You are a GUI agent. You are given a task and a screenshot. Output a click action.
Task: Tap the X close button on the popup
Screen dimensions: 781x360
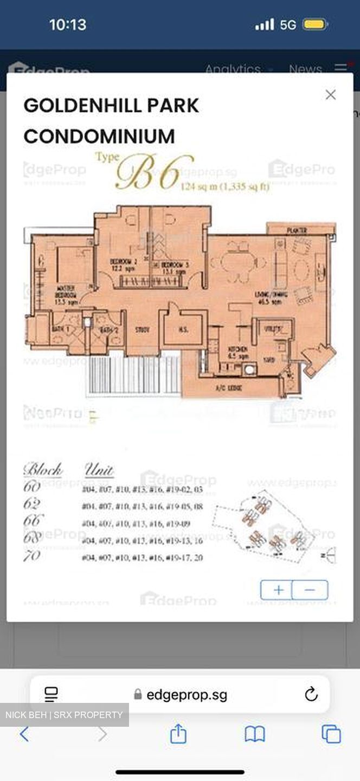pos(330,95)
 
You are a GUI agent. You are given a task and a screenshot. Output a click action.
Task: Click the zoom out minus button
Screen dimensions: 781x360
pos(310,590)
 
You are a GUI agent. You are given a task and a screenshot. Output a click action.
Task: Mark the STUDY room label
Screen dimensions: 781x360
pos(142,329)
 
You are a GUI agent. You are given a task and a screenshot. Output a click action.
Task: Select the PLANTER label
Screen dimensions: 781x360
pos(297,231)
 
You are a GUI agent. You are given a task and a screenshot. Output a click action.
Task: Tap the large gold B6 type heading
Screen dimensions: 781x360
pos(155,172)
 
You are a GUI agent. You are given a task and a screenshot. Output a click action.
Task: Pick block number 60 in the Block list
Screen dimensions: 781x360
pos(32,486)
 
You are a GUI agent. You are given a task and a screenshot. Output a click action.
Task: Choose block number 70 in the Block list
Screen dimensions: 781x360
pos(32,555)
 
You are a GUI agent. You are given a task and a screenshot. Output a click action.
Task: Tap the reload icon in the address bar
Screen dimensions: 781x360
pos(311,694)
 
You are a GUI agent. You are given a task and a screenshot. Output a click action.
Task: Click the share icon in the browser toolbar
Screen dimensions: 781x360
pos(178,734)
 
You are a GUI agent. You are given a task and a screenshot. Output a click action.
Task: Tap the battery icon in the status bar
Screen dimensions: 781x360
pos(315,24)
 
